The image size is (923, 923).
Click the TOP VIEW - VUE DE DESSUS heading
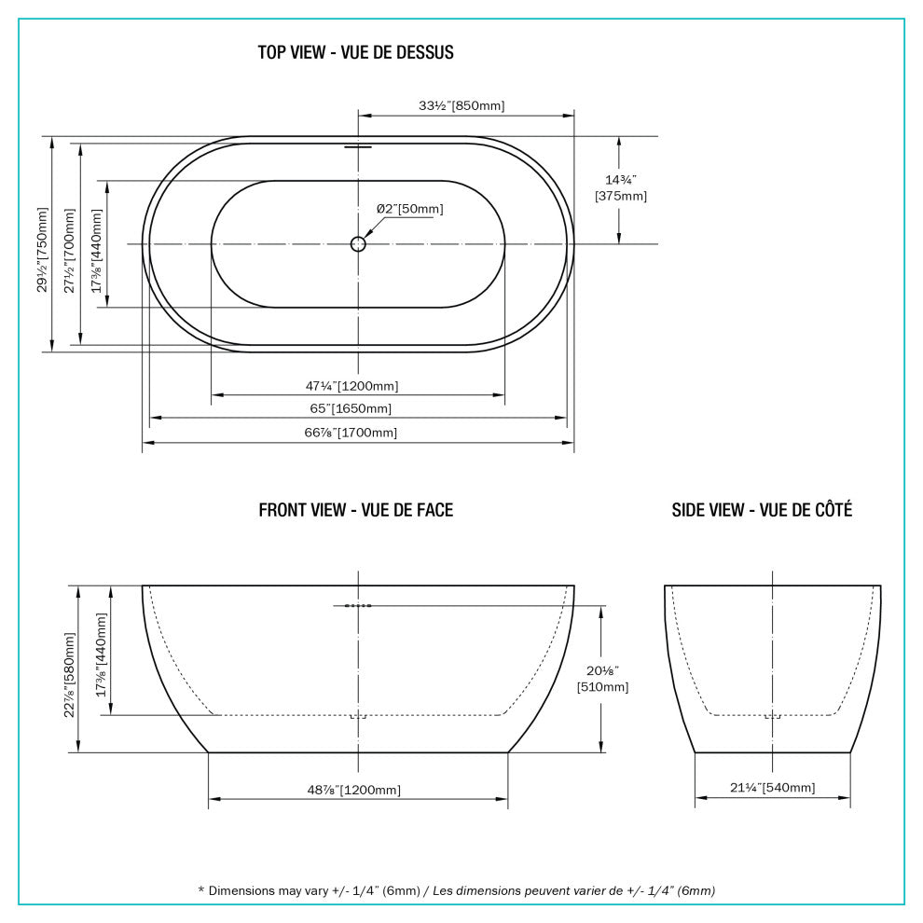pyautogui.click(x=355, y=52)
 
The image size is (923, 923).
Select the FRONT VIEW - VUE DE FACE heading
pyautogui.click(x=355, y=510)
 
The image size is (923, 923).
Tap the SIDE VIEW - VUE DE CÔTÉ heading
pyautogui.click(x=762, y=510)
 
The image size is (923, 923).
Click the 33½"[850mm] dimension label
pyautogui.click(x=461, y=105)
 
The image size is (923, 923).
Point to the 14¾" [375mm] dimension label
pyautogui.click(x=620, y=187)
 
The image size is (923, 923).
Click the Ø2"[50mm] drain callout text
pyautogui.click(x=409, y=209)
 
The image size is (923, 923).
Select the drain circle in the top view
pyautogui.click(x=359, y=244)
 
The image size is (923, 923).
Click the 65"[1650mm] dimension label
pyautogui.click(x=351, y=408)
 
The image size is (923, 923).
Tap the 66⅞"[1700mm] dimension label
pyautogui.click(x=351, y=433)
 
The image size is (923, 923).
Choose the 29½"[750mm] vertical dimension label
pyautogui.click(x=42, y=244)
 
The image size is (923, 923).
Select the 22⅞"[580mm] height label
pyautogui.click(x=69, y=669)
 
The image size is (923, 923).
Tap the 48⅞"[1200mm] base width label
pyautogui.click(x=354, y=790)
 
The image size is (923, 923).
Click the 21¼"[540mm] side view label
pyautogui.click(x=773, y=788)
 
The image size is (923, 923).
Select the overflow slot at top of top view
pyautogui.click(x=358, y=146)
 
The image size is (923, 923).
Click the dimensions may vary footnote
pyautogui.click(x=457, y=890)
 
